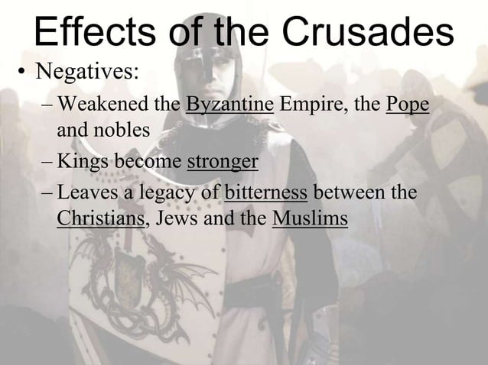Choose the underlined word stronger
pos(223,163)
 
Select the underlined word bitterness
pos(267,191)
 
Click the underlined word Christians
pos(102,219)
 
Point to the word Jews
pos(174,219)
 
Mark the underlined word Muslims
pos(310,219)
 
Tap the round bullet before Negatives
pos(24,75)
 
